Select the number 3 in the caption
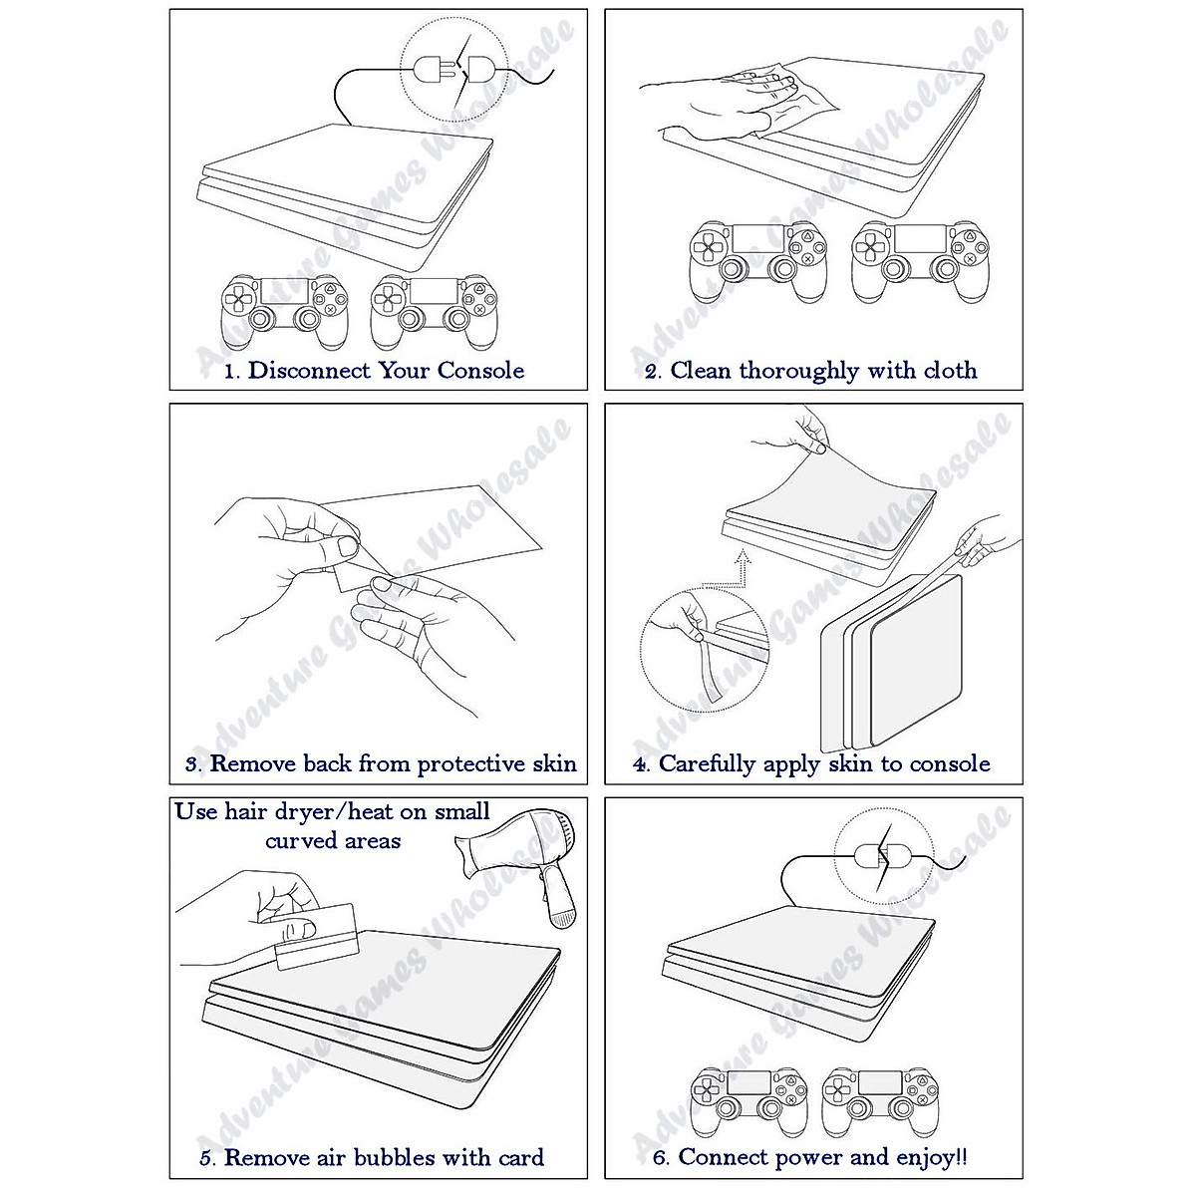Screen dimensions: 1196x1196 pyautogui.click(x=192, y=765)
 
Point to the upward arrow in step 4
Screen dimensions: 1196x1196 pyautogui.click(x=740, y=570)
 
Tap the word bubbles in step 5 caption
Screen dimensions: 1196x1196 pyautogui.click(x=399, y=1157)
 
